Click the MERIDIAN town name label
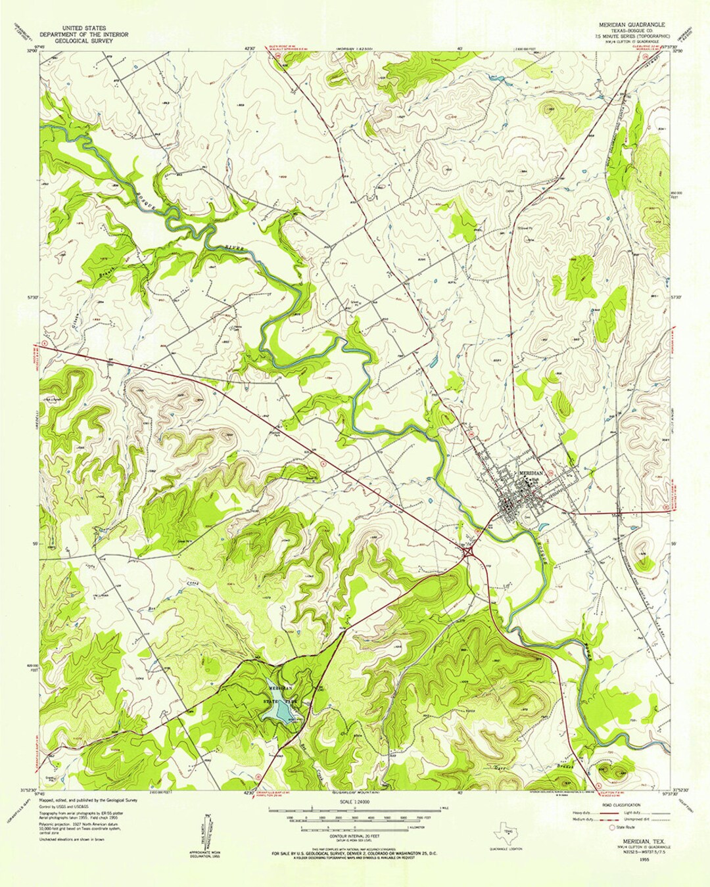click(531, 473)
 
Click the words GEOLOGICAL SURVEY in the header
click(83, 41)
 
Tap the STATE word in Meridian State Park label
click(272, 702)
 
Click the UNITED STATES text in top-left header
click(83, 28)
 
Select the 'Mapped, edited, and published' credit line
click(88, 800)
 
